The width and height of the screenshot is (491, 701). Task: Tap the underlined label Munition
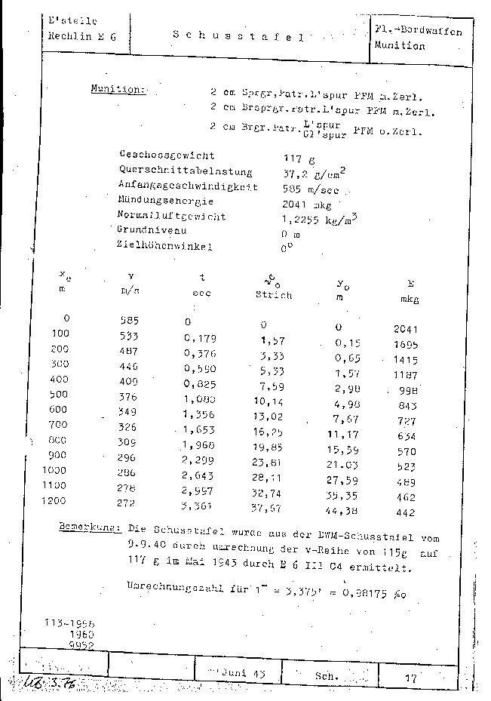(117, 89)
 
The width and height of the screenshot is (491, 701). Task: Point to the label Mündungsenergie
(165, 201)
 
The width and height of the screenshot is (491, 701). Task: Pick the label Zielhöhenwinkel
(164, 245)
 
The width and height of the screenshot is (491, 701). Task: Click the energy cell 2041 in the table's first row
(406, 329)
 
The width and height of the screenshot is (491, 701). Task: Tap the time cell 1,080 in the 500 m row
(199, 396)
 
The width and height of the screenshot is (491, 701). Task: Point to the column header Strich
(273, 295)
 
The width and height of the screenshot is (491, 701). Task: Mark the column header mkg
(410, 300)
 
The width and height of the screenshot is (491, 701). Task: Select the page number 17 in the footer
(410, 678)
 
